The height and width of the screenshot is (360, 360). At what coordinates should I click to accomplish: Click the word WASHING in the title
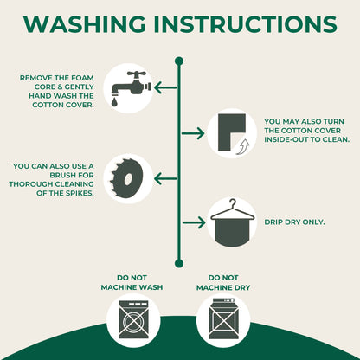click(x=85, y=23)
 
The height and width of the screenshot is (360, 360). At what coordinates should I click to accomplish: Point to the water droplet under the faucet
click(x=115, y=102)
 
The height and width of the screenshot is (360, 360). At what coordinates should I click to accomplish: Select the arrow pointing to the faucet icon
click(x=165, y=87)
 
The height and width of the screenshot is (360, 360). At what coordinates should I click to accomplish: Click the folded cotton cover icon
click(x=232, y=132)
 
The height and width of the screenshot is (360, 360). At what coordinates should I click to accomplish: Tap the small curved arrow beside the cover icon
click(x=243, y=146)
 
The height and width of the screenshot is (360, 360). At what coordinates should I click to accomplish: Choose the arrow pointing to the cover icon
click(x=193, y=133)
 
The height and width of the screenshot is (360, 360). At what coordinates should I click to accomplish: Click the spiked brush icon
click(x=127, y=178)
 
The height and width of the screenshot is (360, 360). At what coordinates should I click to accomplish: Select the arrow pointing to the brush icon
click(x=165, y=178)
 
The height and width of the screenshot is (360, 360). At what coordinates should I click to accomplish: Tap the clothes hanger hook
click(x=233, y=202)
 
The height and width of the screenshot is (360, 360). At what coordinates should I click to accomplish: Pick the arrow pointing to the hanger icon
click(x=194, y=222)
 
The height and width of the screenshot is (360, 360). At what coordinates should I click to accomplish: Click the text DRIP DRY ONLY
click(x=294, y=222)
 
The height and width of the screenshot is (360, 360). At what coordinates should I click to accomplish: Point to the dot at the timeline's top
click(x=179, y=61)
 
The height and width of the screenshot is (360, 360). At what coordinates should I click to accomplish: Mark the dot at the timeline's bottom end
click(x=179, y=263)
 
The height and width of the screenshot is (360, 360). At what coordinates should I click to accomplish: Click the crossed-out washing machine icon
click(x=133, y=319)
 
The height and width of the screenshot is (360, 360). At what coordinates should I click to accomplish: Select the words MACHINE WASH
click(x=132, y=287)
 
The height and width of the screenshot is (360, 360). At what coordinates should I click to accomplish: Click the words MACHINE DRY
click(x=223, y=287)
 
